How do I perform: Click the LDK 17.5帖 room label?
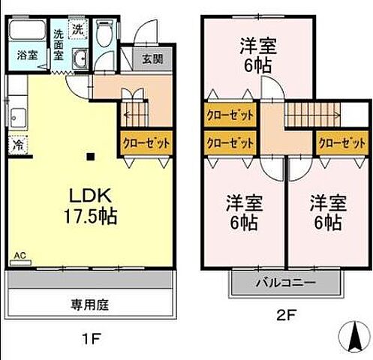pos(91,206)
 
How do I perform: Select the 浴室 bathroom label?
pos(28,55)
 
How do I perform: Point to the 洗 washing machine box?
pos(77,30)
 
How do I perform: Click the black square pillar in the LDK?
pos(90,157)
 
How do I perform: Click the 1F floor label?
pos(91,338)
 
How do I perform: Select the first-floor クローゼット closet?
pos(146,142)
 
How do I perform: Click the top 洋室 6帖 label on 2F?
pos(257,55)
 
